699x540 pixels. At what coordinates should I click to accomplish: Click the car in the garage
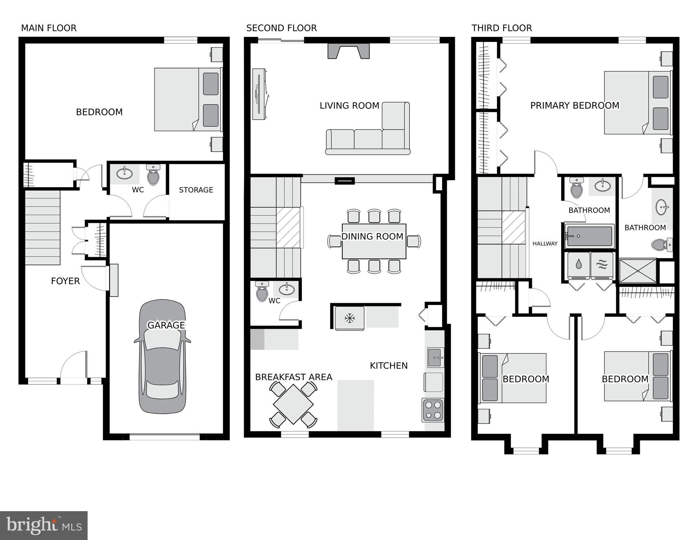pos(163,357)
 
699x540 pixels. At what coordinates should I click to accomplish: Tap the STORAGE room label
pos(196,190)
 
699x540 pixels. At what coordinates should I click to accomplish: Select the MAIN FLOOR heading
pos(49,28)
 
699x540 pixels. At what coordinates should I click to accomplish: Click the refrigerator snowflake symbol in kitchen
pos(349,318)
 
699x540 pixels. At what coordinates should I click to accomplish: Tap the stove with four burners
pos(433,410)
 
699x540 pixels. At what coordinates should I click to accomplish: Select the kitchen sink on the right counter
pos(435,357)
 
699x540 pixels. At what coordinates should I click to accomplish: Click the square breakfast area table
pos(293,404)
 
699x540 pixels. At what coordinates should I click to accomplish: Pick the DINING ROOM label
pos(372,236)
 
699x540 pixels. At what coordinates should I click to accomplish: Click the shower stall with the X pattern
pos(638,271)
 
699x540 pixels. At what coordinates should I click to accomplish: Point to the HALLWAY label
pos(545,243)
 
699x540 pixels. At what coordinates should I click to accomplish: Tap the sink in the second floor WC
pos(287,289)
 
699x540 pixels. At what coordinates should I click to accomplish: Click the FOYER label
pos(65,281)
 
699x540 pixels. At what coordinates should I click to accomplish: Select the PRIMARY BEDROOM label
pos(574,106)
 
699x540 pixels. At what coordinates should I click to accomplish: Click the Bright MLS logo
pos(44,525)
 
